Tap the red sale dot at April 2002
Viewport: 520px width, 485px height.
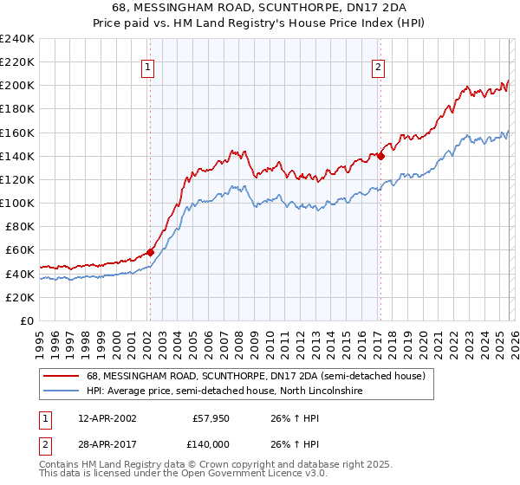tap(150, 252)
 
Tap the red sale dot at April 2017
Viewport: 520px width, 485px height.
tap(380, 156)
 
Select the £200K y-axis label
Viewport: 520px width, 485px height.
tap(17, 86)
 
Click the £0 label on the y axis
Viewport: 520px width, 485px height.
tap(26, 320)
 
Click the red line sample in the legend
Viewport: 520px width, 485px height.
tap(62, 377)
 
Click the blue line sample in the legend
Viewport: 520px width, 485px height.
tap(62, 391)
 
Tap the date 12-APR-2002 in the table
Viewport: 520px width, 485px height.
tap(106, 417)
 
